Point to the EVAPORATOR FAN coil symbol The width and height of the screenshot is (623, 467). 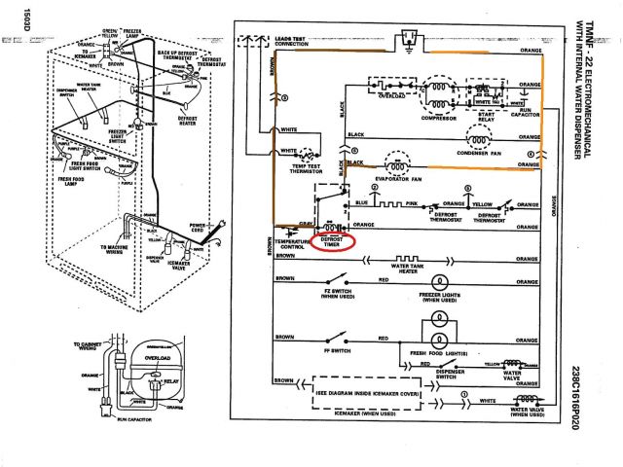coord(389,168)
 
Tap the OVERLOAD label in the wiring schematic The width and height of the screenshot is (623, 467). coord(389,98)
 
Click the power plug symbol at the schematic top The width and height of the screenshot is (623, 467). coord(409,37)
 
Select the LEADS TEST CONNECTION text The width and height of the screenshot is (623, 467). coord(299,42)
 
